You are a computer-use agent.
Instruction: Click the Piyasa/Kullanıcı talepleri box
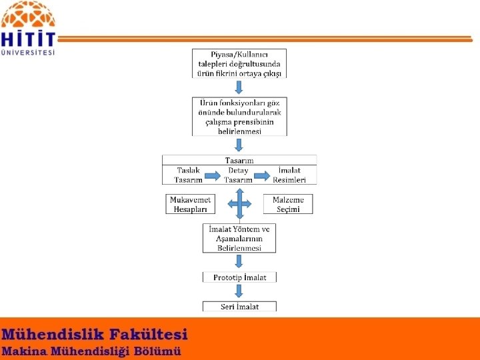click(x=239, y=63)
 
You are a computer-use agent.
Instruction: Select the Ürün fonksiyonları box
click(x=239, y=117)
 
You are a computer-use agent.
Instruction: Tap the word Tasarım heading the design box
click(x=239, y=160)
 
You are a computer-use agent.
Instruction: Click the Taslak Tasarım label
click(x=188, y=175)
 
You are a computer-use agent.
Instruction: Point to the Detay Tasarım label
click(x=238, y=175)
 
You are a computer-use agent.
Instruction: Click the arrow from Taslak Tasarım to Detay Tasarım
click(x=213, y=176)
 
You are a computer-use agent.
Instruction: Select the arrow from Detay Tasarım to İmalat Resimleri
click(x=262, y=176)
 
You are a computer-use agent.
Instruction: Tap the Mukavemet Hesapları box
click(x=190, y=204)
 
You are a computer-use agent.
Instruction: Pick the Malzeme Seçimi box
click(x=288, y=204)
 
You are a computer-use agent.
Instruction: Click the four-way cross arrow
click(x=239, y=204)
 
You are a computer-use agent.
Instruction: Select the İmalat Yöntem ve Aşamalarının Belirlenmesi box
click(x=239, y=238)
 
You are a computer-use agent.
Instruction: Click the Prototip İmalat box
click(x=239, y=277)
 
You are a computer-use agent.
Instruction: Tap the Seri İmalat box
click(x=239, y=307)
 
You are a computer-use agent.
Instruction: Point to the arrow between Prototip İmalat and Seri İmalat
click(x=239, y=291)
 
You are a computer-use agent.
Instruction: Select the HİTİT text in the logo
click(x=28, y=38)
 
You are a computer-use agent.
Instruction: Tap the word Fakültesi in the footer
click(x=148, y=334)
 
